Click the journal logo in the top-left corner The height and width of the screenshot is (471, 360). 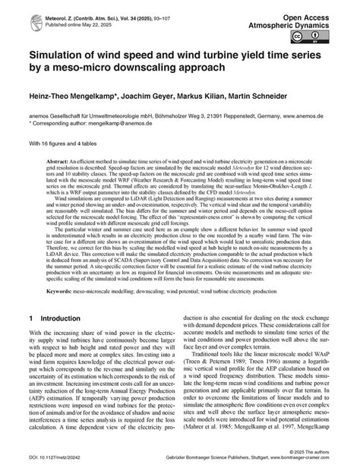click(15, 13)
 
